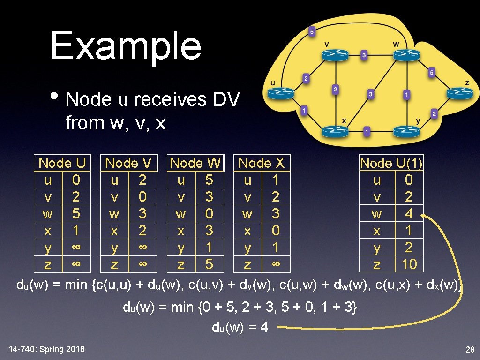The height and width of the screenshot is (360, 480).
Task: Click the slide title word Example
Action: pyautogui.click(x=126, y=46)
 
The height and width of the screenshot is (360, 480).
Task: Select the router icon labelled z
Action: pyautogui.click(x=460, y=93)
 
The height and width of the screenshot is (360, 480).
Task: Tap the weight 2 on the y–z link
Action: pyautogui.click(x=434, y=113)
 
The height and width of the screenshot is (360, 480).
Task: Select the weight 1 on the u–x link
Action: pyautogui.click(x=304, y=111)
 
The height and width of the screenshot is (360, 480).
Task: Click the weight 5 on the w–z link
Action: pyautogui.click(x=432, y=73)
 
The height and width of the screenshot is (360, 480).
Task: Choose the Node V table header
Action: pyautogui.click(x=128, y=163)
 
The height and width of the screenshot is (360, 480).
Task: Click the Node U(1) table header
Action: pyautogui.click(x=391, y=163)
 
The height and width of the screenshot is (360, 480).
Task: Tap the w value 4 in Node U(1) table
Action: pyautogui.click(x=409, y=214)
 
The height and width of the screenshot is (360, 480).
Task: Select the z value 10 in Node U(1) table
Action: pyautogui.click(x=409, y=264)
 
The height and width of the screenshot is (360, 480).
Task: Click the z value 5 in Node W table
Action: pyautogui.click(x=209, y=264)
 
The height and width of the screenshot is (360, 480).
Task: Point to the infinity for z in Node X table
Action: pyautogui.click(x=276, y=264)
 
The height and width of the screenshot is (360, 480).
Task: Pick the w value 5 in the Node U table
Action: pyautogui.click(x=76, y=214)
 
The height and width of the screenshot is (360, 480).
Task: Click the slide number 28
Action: pyautogui.click(x=470, y=349)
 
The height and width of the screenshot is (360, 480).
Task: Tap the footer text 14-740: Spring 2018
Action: pyautogui.click(x=47, y=349)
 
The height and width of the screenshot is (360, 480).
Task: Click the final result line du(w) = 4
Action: pyautogui.click(x=240, y=327)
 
